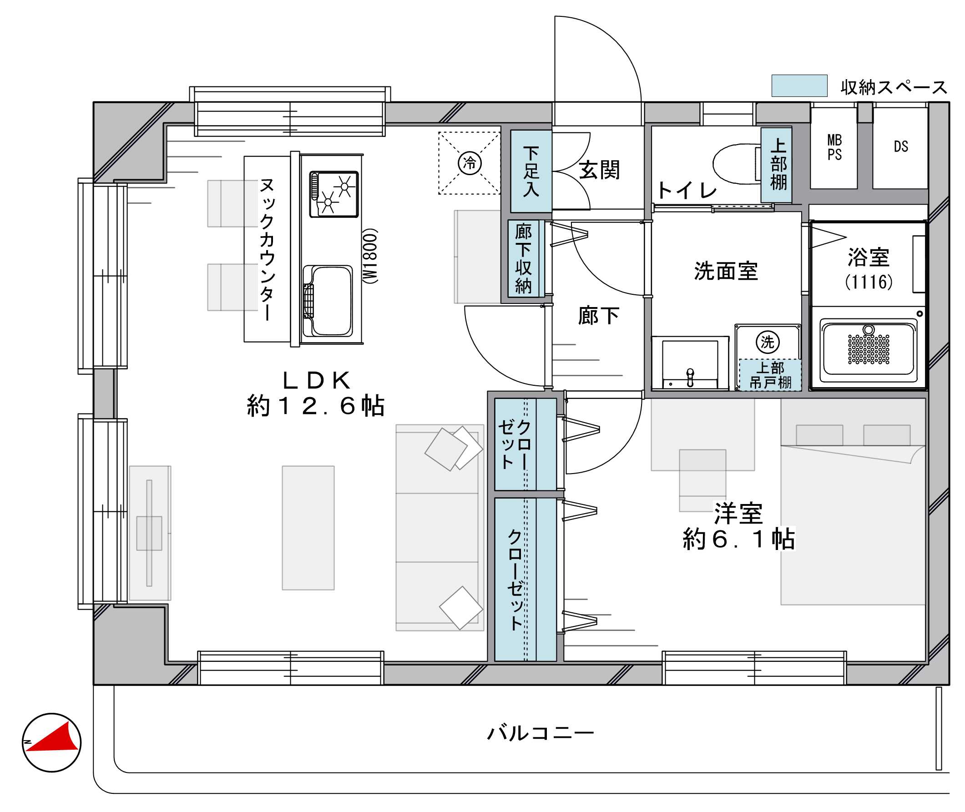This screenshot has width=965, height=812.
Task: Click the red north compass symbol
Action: (51, 742)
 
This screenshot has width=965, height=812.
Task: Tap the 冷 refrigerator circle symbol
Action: (470, 163)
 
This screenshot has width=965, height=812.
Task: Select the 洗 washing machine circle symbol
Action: (768, 342)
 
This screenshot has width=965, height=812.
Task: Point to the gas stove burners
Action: (334, 194)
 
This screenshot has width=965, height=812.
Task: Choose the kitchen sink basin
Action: (328, 300)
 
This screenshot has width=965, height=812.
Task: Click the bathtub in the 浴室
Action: (868, 349)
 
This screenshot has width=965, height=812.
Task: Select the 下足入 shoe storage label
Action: (531, 171)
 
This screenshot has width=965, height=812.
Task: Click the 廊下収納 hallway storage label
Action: (524, 259)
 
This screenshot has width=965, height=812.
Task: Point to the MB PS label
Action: (834, 147)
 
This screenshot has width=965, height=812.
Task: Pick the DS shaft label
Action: (900, 147)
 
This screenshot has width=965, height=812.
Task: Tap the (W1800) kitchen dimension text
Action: (371, 256)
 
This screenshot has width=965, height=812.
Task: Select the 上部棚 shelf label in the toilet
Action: (778, 164)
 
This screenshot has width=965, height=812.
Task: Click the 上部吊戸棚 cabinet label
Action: (770, 375)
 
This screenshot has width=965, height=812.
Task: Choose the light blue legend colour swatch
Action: (799, 86)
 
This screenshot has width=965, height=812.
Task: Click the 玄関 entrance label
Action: (599, 170)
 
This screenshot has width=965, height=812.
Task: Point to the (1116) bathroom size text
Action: (868, 282)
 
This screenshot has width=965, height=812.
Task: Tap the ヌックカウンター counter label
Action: (267, 249)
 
